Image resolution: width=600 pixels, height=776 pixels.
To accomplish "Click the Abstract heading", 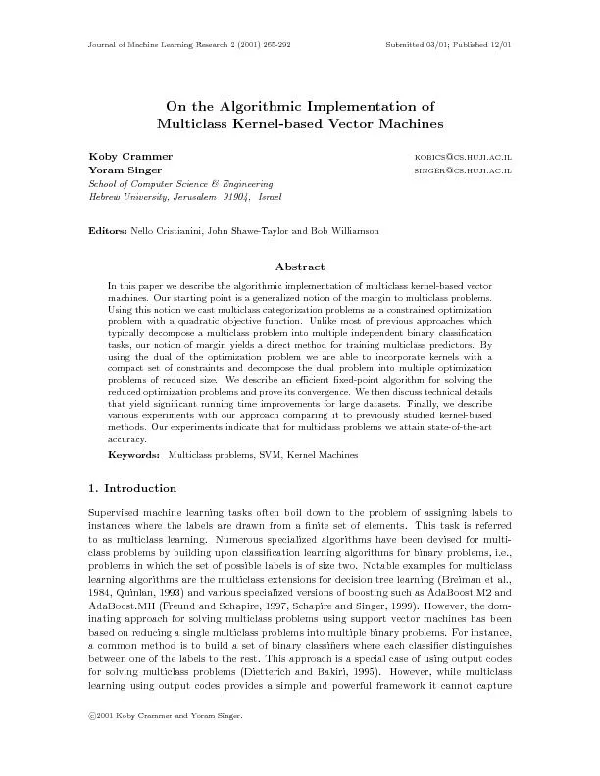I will coord(300,267).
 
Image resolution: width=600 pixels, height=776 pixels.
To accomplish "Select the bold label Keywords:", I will coord(134,456).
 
